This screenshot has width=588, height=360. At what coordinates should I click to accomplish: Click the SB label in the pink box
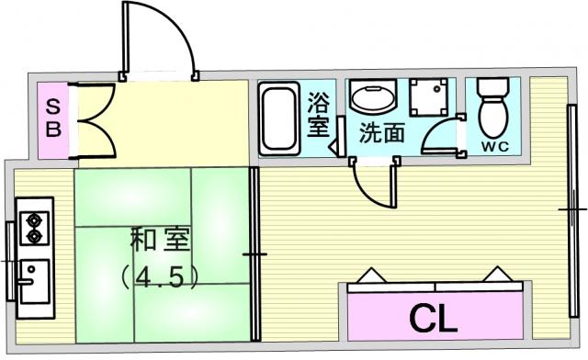coord(53,119)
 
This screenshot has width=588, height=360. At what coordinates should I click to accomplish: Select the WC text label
coord(495,147)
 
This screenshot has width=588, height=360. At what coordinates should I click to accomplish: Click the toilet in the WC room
coord(493,108)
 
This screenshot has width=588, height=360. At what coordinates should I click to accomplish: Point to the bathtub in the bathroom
coord(279,118)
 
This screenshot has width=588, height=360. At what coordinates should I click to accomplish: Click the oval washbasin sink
coord(373,96)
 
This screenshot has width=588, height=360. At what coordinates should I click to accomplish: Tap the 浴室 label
coord(319,115)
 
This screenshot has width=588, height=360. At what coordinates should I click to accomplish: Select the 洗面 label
coord(382,133)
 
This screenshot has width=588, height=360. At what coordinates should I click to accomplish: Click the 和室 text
coord(160,239)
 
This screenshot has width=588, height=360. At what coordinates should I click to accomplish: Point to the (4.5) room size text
coord(160,276)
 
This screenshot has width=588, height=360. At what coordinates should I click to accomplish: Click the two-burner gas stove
coord(35,228)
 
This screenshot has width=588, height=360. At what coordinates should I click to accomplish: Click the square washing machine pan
coord(429,97)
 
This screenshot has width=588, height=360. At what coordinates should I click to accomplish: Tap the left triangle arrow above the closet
coord(371,275)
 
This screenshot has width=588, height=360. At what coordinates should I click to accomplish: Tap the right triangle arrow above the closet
coord(498,274)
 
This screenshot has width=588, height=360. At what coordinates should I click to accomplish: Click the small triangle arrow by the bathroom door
coord(334,147)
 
